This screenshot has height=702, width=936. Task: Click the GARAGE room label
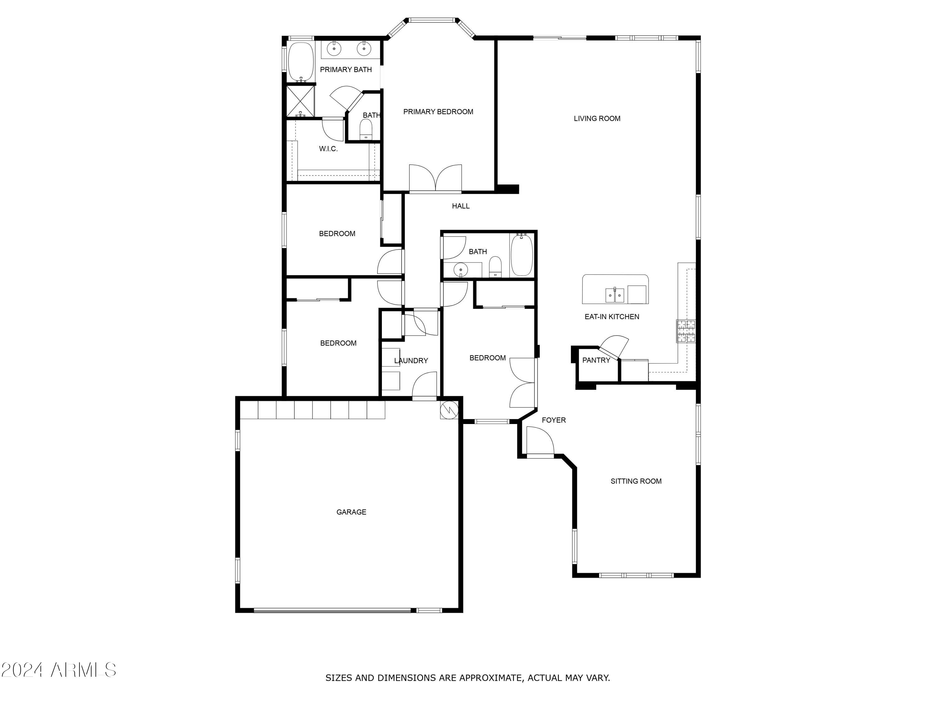(x=351, y=512)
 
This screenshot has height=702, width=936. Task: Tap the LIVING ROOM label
(x=597, y=119)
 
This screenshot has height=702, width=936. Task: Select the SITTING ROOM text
(x=636, y=481)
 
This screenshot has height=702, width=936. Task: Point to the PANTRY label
(x=596, y=360)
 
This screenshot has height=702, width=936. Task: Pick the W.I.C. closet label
(x=328, y=149)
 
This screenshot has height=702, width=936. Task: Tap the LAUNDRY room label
(x=411, y=361)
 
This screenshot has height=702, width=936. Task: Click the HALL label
(x=461, y=206)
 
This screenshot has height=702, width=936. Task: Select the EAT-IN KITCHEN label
(x=612, y=316)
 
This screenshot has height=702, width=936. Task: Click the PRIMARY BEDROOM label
(x=438, y=112)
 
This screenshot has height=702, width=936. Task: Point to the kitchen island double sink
(x=614, y=295)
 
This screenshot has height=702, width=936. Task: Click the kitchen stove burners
(x=686, y=331)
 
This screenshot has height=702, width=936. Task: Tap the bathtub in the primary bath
(x=300, y=61)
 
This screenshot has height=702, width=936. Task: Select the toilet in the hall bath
(x=495, y=267)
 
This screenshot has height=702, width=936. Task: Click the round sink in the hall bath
(x=461, y=269)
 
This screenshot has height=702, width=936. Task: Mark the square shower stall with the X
(x=301, y=101)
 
